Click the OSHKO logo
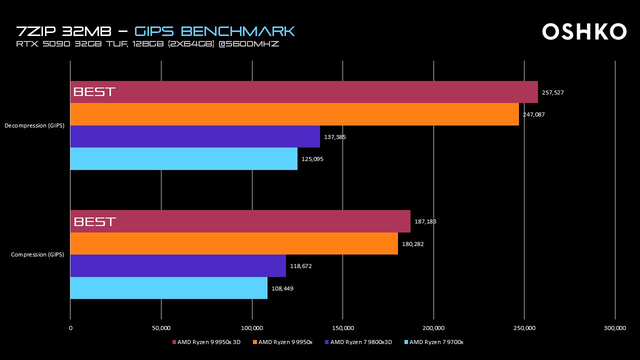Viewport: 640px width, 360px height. (x=584, y=31)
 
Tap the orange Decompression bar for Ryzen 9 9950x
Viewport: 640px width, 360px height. (x=294, y=114)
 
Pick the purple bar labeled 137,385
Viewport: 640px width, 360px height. (x=195, y=136)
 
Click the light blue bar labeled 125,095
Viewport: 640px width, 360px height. (x=183, y=159)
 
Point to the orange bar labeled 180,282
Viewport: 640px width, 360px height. (x=234, y=243)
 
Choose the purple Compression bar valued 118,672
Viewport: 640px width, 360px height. (x=178, y=266)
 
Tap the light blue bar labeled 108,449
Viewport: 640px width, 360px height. (x=168, y=288)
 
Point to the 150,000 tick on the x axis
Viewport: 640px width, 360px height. (x=342, y=328)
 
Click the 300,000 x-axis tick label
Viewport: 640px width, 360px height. (x=614, y=328)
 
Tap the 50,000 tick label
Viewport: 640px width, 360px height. (x=161, y=328)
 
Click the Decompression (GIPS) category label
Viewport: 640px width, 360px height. (x=34, y=125)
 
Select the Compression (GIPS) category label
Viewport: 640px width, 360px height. (x=37, y=255)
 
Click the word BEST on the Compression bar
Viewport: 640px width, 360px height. (x=94, y=221)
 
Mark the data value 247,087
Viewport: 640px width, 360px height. (x=533, y=114)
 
